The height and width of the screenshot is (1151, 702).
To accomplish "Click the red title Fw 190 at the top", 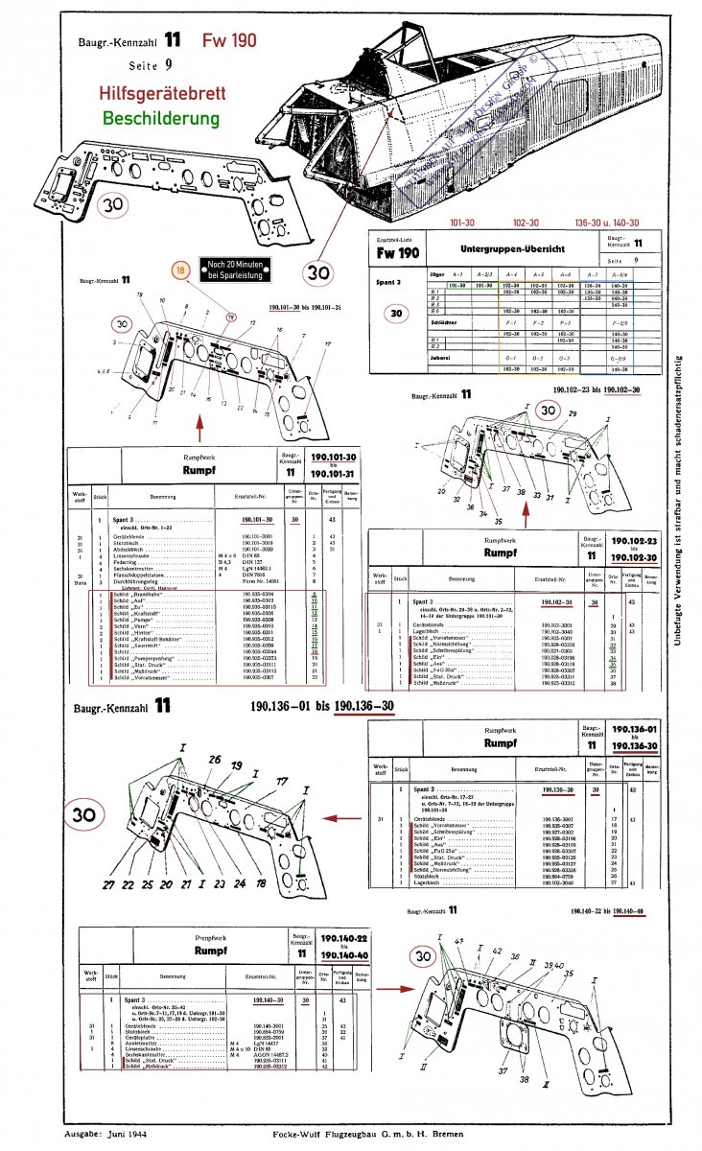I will (228, 41).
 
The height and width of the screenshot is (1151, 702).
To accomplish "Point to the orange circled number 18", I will (178, 270).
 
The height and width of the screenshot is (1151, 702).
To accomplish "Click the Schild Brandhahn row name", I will (136, 596).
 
